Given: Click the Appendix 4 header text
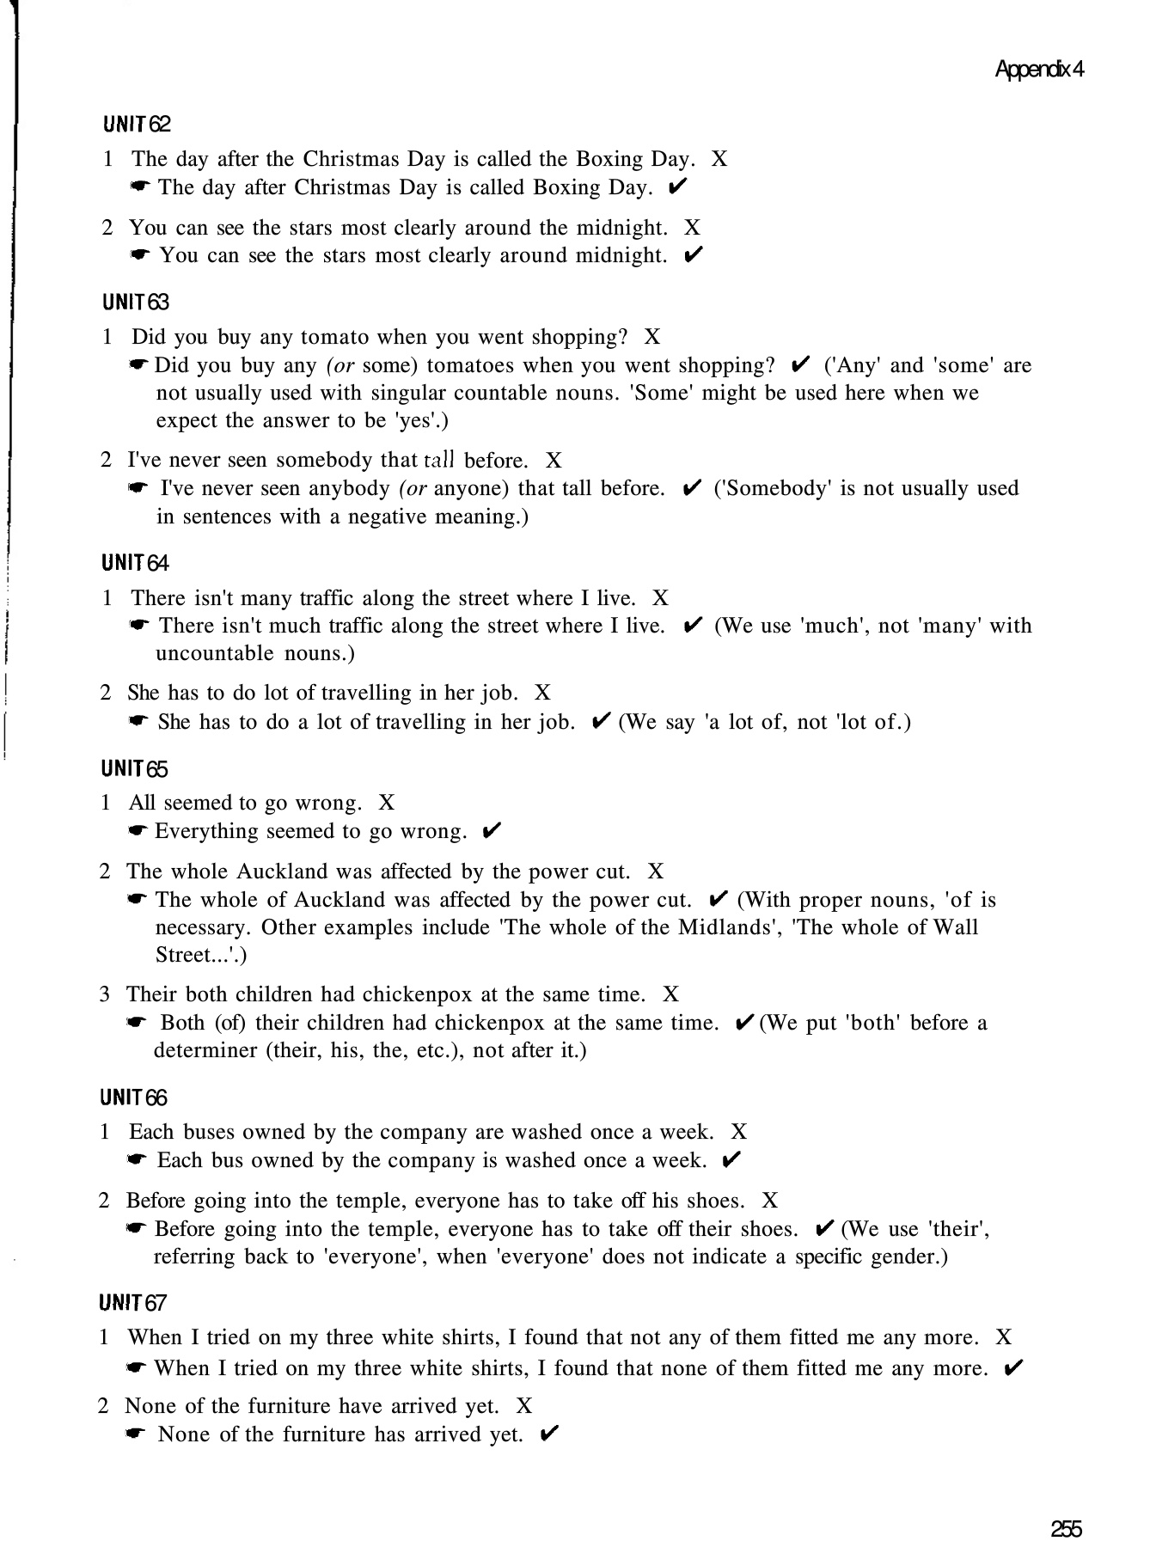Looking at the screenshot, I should [1038, 70].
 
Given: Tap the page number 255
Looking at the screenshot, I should [1066, 1529].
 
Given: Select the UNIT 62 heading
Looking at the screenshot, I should [137, 125].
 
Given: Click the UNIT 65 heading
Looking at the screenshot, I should [134, 768].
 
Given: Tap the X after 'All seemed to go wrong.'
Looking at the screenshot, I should [387, 803].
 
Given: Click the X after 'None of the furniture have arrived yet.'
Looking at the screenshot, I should [524, 1406].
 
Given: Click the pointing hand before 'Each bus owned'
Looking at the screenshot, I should [138, 1160].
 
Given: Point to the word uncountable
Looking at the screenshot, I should [211, 653].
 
